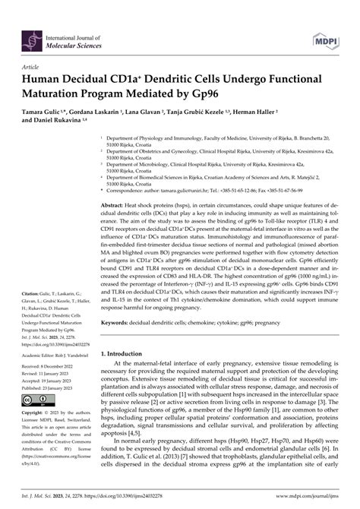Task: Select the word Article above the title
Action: tap(33, 66)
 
